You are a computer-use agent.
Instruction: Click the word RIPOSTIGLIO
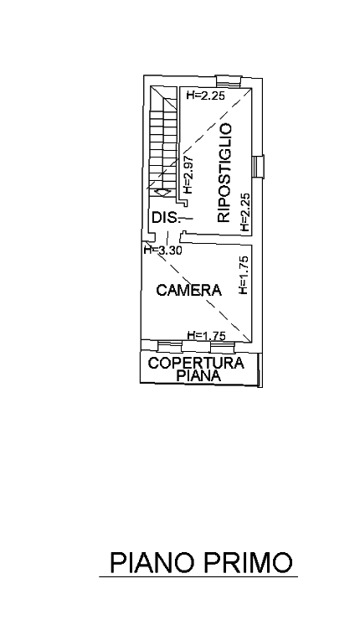tap(224, 173)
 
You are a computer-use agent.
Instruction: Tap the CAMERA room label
tap(188, 290)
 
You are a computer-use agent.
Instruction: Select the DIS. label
tap(167, 218)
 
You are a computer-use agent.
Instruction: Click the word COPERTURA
tap(196, 363)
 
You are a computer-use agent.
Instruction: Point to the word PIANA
tap(198, 375)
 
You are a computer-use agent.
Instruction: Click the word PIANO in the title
tap(151, 562)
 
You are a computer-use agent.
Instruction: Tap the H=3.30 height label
tap(162, 251)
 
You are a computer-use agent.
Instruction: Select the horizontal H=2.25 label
tap(206, 95)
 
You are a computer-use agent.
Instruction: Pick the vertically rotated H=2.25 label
tap(245, 212)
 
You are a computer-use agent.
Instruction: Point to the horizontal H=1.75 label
tap(206, 336)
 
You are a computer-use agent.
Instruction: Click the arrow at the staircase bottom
tap(162, 193)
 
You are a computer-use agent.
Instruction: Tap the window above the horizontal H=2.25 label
tap(229, 82)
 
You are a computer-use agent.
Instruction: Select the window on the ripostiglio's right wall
tap(258, 167)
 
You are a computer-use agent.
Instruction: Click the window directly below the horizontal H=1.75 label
tap(223, 347)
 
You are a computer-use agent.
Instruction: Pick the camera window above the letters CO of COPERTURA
tap(170, 346)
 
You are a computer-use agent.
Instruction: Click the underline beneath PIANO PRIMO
tap(198, 577)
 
